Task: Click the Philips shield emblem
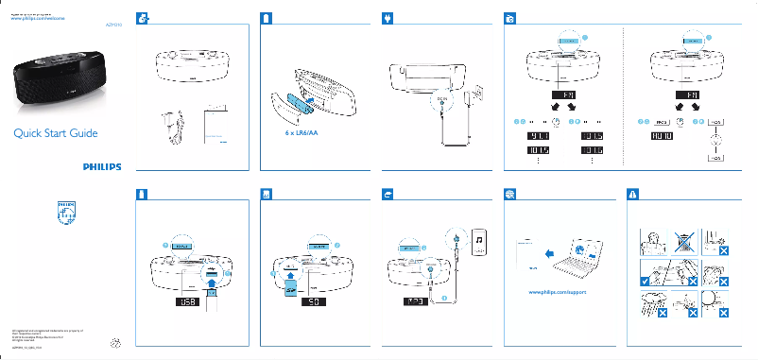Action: tap(65, 214)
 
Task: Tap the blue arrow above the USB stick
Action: tap(211, 275)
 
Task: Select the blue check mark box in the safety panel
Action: tap(644, 281)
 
